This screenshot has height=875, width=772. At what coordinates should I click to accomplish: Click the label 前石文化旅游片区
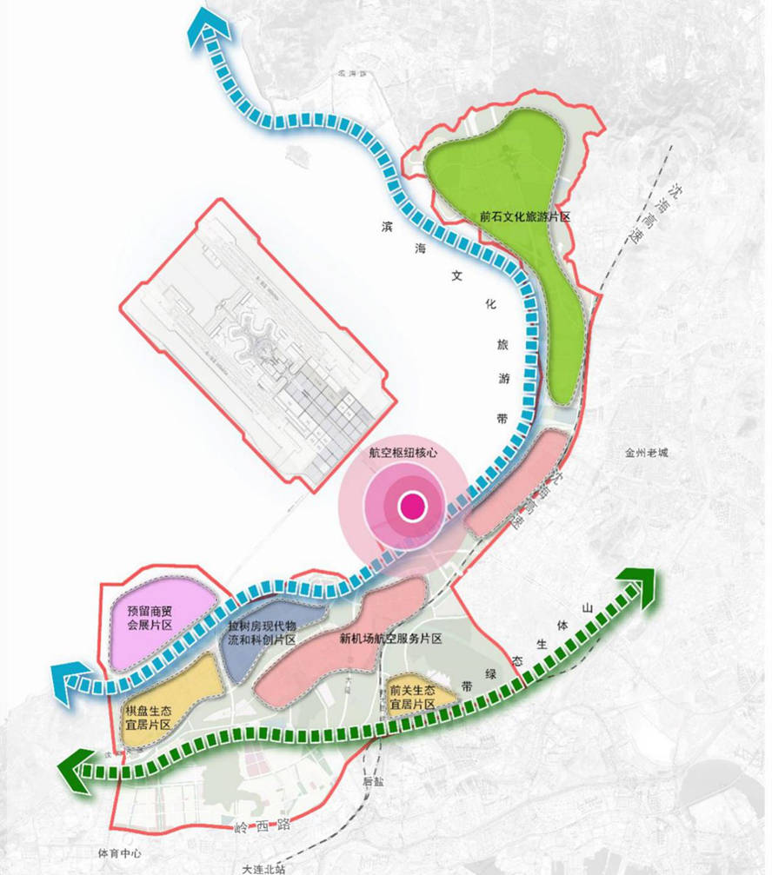click(x=524, y=215)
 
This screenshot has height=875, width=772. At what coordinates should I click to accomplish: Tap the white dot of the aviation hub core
click(x=410, y=505)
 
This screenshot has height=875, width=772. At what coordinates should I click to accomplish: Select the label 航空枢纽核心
click(x=402, y=454)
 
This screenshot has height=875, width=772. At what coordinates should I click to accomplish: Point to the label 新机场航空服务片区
click(x=391, y=639)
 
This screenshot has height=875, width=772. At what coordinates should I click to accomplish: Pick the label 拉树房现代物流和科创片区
click(x=262, y=633)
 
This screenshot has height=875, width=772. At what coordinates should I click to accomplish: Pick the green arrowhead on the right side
click(x=641, y=585)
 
